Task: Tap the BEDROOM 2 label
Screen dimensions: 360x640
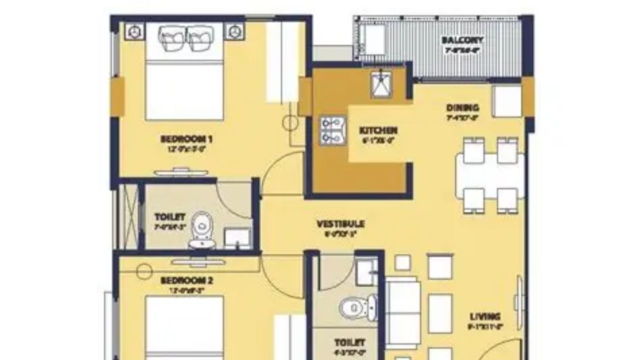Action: (186, 281)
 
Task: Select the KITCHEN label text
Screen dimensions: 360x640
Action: (378, 130)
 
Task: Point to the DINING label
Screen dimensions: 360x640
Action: (462, 107)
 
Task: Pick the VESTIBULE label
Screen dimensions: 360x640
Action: (340, 223)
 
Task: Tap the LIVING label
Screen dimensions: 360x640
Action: (485, 316)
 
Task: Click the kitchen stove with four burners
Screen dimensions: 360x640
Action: (330, 130)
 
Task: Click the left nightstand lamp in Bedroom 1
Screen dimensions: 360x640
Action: (133, 31)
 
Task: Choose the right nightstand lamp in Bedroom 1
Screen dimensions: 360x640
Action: (232, 31)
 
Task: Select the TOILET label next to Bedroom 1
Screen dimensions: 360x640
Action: (170, 217)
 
